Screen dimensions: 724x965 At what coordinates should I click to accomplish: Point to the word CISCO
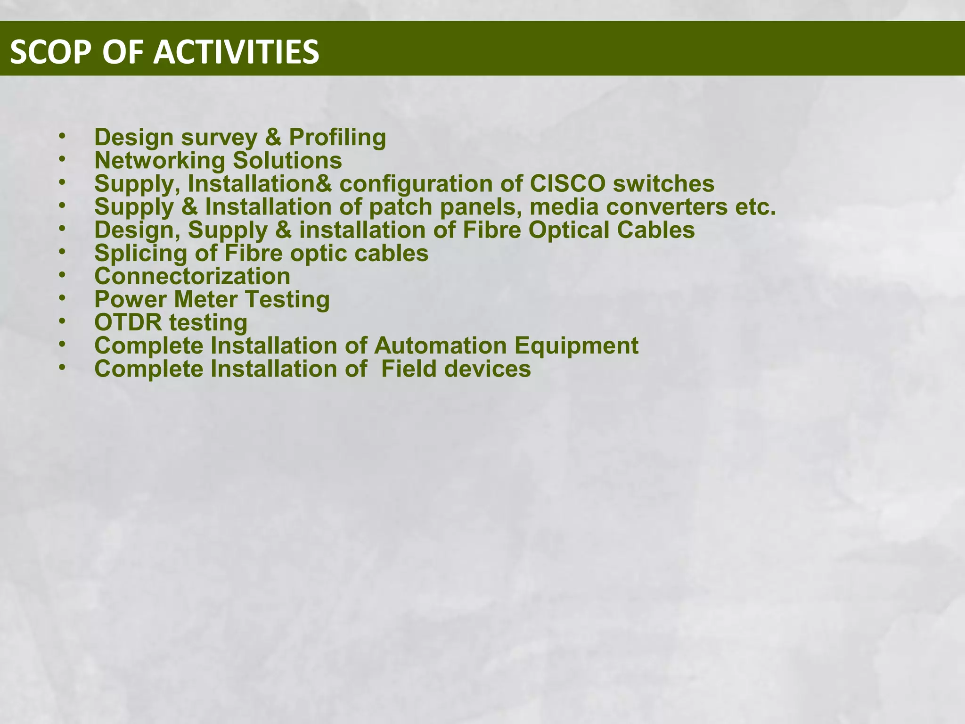coord(567,183)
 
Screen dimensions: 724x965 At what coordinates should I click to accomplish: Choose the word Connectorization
coord(192,276)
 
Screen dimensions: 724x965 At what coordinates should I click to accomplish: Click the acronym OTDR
coord(128,322)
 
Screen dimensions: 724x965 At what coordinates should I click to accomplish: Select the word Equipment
coord(576,346)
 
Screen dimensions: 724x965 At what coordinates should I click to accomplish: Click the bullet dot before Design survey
coord(62,137)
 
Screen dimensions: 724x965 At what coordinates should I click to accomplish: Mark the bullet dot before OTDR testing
coord(62,321)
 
